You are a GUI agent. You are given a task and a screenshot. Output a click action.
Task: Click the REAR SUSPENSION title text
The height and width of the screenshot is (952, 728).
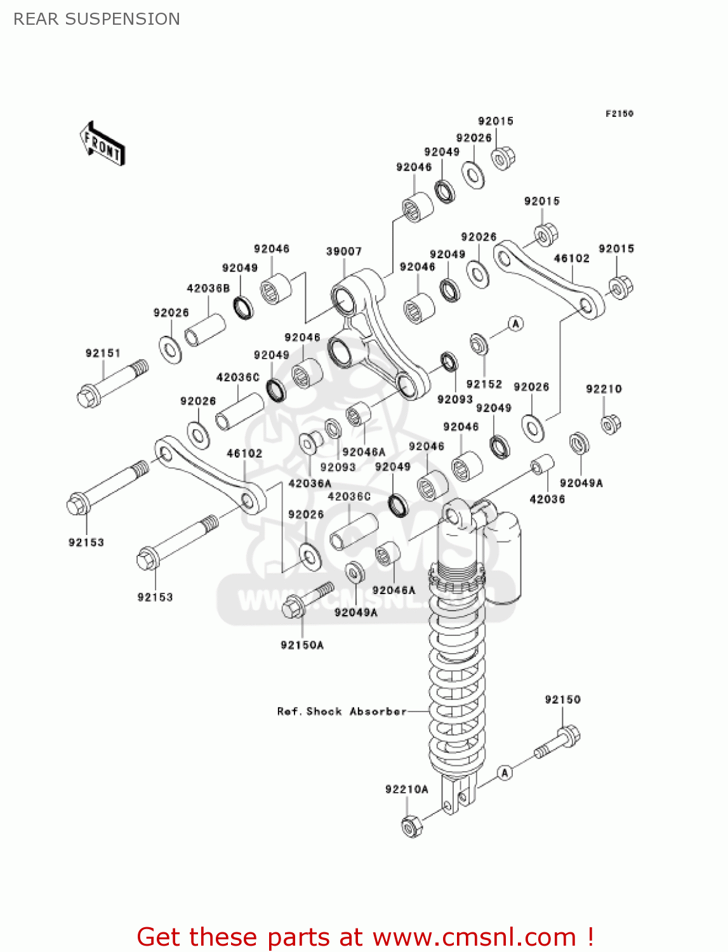click(x=96, y=19)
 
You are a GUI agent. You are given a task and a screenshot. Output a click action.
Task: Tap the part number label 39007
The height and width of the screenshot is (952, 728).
click(x=343, y=251)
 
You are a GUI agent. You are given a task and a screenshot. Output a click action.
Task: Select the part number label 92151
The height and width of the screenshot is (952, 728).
click(x=103, y=353)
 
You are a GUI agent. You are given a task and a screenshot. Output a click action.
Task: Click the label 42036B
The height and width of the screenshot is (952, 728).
click(x=208, y=288)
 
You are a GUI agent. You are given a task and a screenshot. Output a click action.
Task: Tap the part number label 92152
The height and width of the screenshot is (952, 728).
click(x=484, y=384)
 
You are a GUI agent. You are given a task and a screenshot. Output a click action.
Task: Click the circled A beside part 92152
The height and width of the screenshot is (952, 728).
click(x=516, y=324)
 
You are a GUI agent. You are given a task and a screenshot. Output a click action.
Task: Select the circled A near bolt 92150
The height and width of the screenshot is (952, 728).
click(x=505, y=772)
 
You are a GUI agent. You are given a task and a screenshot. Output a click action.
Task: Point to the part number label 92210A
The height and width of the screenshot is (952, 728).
click(x=406, y=789)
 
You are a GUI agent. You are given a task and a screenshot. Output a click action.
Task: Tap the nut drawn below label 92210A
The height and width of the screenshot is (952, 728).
click(x=411, y=826)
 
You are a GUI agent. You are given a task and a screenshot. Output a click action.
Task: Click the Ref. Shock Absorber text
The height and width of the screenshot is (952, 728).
click(x=341, y=711)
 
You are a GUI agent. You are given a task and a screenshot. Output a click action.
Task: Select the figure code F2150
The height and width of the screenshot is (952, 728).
click(x=619, y=114)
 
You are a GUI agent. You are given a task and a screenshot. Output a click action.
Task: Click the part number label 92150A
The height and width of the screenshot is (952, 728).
click(x=302, y=645)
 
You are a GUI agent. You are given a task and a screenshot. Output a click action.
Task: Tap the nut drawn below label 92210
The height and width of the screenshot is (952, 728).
click(x=610, y=423)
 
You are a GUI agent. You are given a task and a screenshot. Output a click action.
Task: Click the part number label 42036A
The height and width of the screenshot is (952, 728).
click(x=310, y=483)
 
